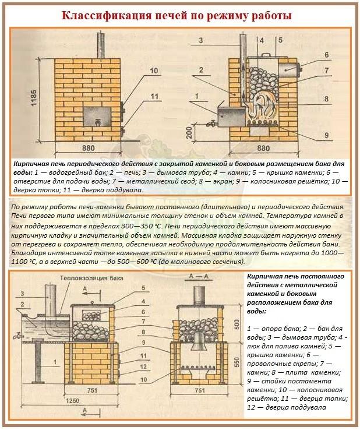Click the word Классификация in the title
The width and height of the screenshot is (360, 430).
[x=104, y=15]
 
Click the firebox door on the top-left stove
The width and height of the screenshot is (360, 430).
[x=95, y=114]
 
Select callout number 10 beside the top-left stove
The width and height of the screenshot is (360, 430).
[x=153, y=71]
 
